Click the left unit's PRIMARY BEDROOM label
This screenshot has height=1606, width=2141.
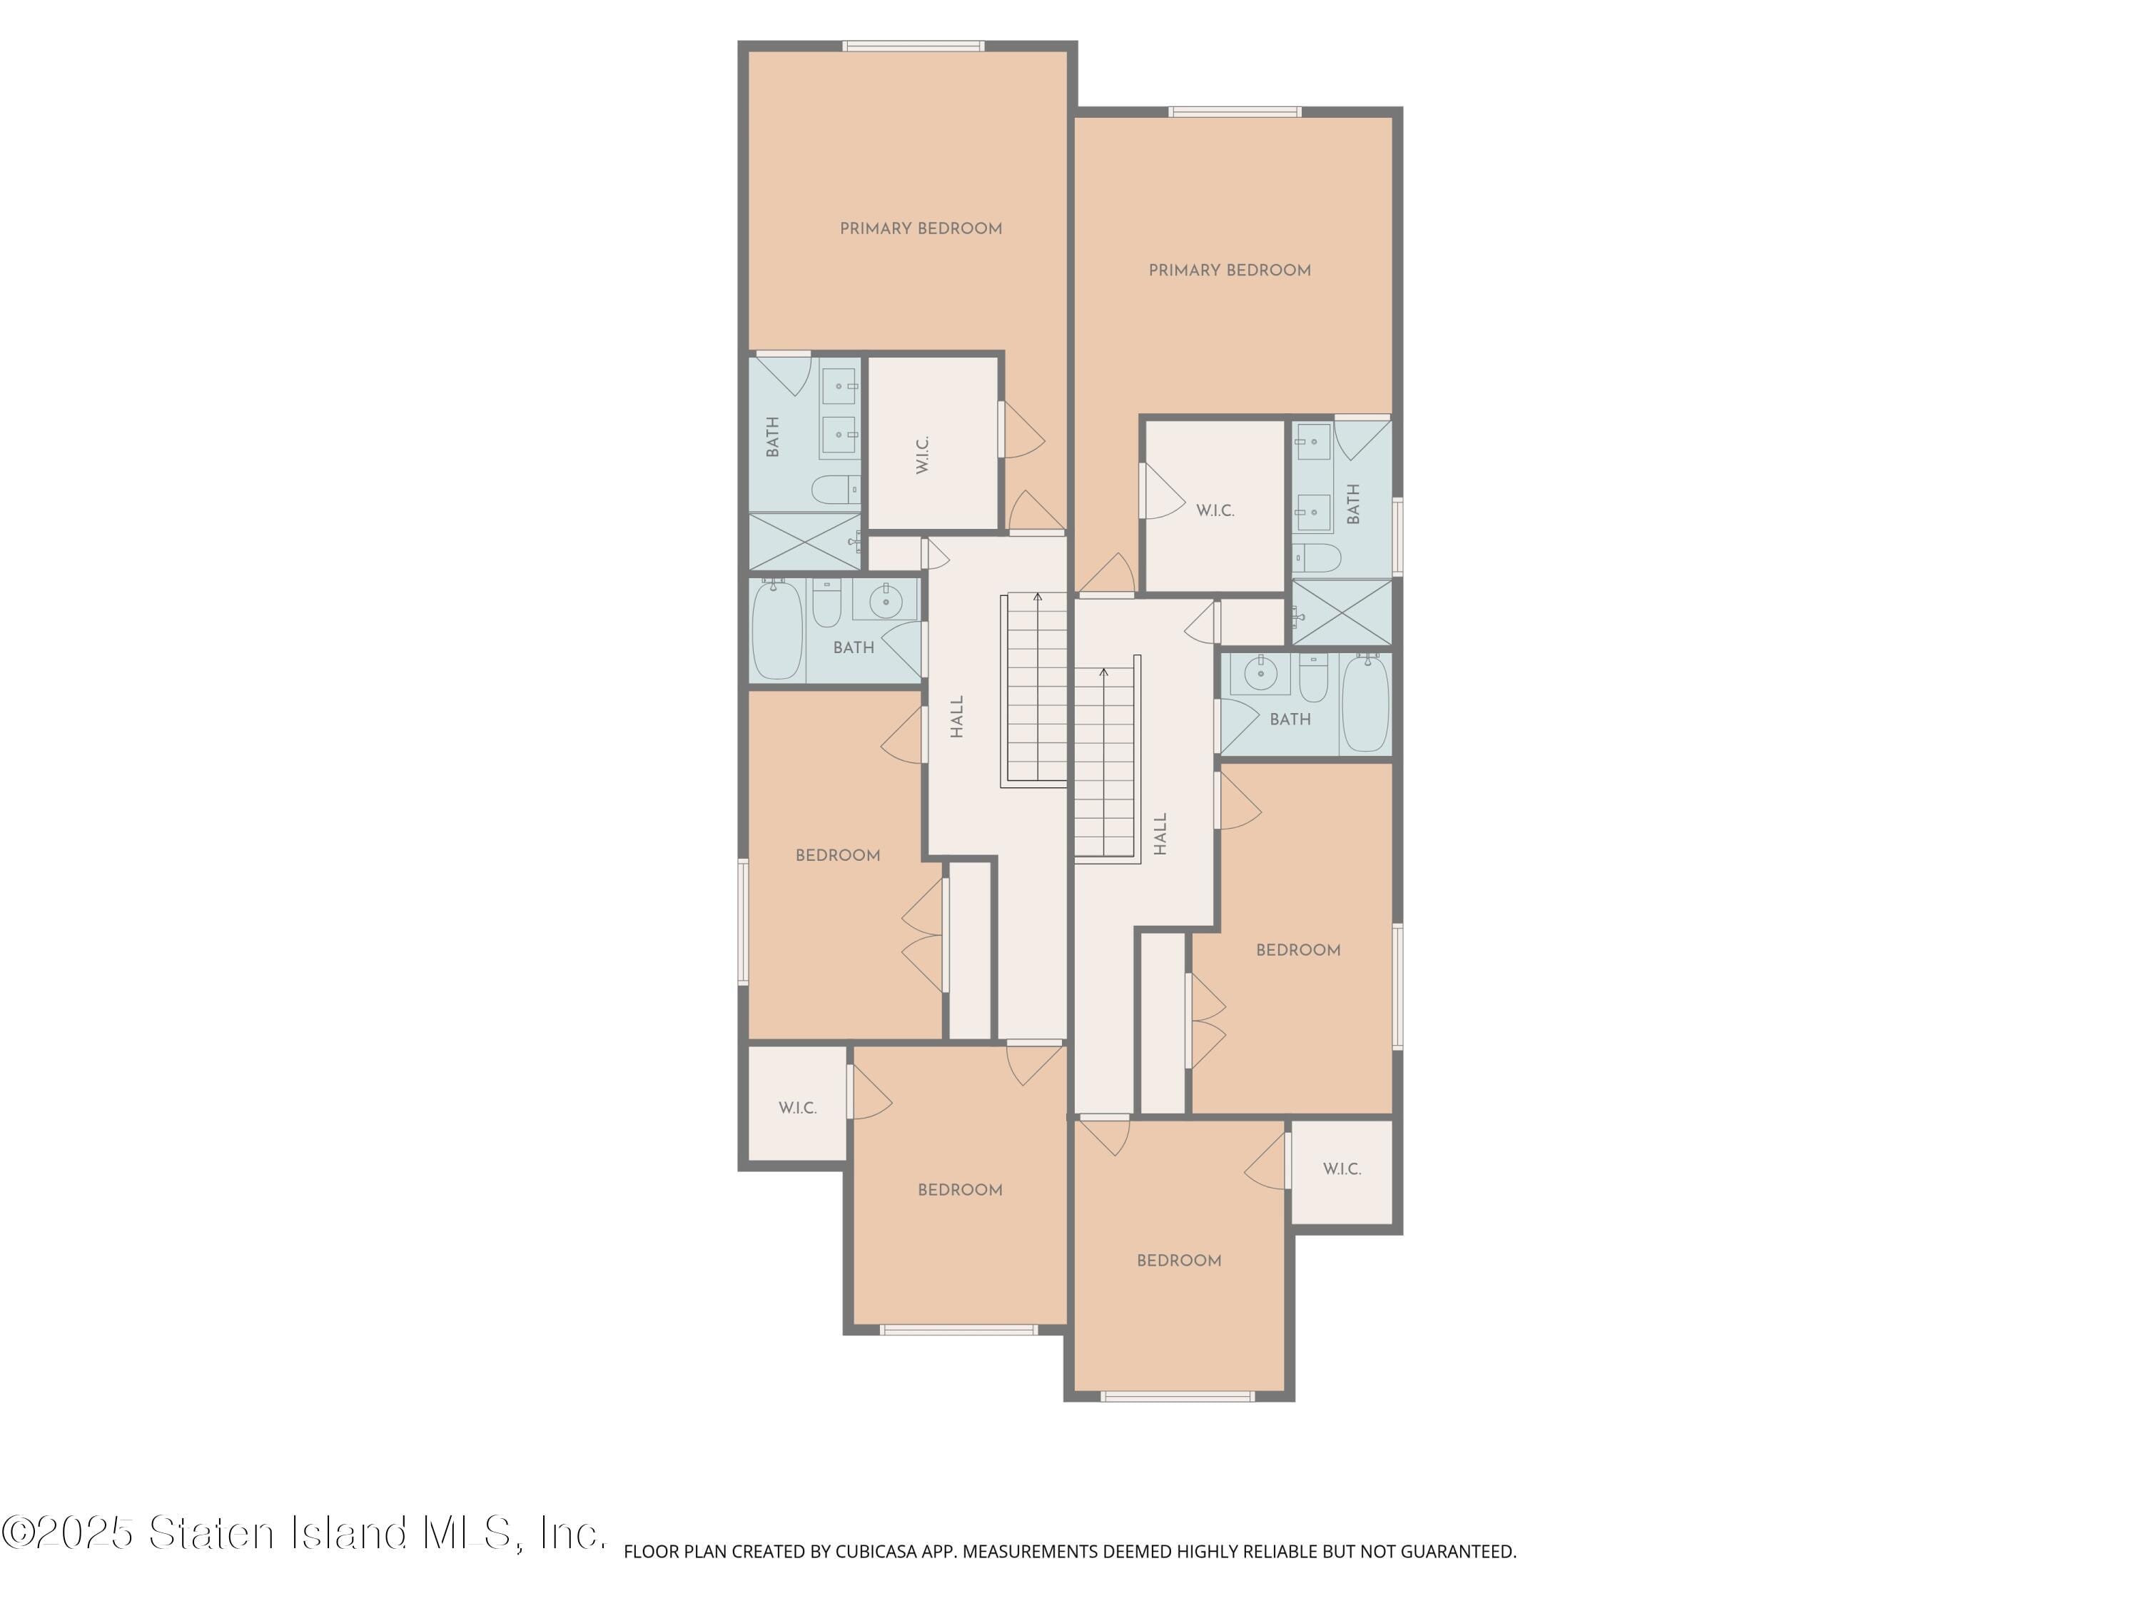pyautogui.click(x=921, y=228)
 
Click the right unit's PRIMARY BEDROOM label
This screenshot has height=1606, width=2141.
pyautogui.click(x=1229, y=270)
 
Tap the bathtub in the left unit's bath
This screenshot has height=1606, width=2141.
pyautogui.click(x=778, y=630)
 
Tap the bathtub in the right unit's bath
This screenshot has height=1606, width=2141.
pyautogui.click(x=1366, y=703)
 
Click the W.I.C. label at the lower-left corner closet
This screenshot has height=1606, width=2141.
pyautogui.click(x=798, y=1108)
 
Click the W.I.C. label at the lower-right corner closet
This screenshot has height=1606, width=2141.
pyautogui.click(x=1342, y=1168)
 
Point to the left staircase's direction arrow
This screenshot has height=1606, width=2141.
pyautogui.click(x=1038, y=598)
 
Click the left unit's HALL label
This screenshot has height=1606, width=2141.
pyautogui.click(x=957, y=717)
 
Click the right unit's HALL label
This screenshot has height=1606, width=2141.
pyautogui.click(x=1160, y=834)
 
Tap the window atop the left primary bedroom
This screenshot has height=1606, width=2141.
pyautogui.click(x=913, y=46)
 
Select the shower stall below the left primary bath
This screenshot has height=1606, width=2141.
pyautogui.click(x=804, y=541)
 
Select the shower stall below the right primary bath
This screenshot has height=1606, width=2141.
pyautogui.click(x=1342, y=612)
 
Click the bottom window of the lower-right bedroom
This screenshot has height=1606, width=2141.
pyautogui.click(x=1178, y=1396)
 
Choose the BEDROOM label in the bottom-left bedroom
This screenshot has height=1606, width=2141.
pyautogui.click(x=959, y=1190)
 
